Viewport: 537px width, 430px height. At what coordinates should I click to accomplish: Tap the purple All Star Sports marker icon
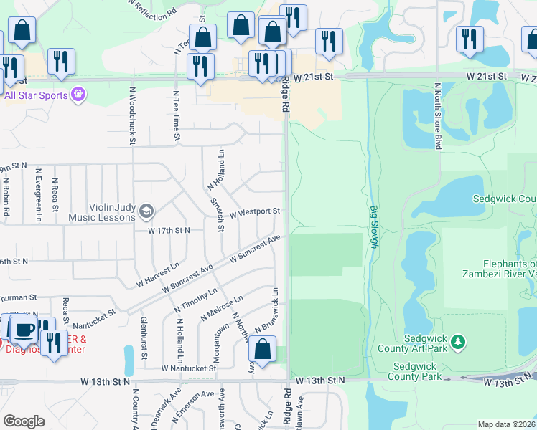coord(78,95)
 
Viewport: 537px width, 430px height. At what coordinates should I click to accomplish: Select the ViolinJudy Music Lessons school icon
coord(146,210)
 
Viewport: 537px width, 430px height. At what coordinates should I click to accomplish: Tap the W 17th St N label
coord(169,230)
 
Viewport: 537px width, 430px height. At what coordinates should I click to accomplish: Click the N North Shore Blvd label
coord(436,115)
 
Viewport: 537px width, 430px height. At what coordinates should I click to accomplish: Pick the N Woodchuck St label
coord(132,115)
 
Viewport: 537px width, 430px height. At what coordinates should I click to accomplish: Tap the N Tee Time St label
coord(176,110)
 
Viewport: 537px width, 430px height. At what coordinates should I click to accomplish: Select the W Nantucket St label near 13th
coord(189,368)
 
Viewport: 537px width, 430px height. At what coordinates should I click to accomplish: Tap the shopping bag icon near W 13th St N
coord(263,350)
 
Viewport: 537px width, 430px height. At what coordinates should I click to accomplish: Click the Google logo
coord(24,421)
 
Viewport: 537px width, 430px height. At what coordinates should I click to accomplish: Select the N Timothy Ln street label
coord(195,300)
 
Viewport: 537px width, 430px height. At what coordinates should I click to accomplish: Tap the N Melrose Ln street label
coord(222,306)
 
